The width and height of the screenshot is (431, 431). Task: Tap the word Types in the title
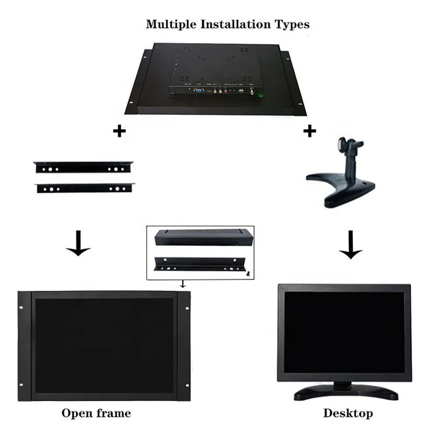click(294, 24)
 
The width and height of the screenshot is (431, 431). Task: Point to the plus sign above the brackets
click(119, 131)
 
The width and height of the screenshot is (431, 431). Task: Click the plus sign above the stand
click(310, 131)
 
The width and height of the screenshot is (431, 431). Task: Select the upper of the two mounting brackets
click(83, 167)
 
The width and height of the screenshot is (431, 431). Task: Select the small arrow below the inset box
click(183, 283)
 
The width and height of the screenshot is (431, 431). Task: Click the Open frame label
click(96, 413)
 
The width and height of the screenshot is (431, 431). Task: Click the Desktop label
click(348, 413)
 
